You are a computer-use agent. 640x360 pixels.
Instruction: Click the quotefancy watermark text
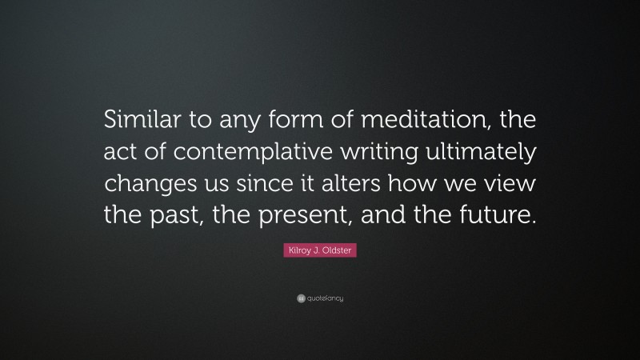[x=325, y=298]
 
